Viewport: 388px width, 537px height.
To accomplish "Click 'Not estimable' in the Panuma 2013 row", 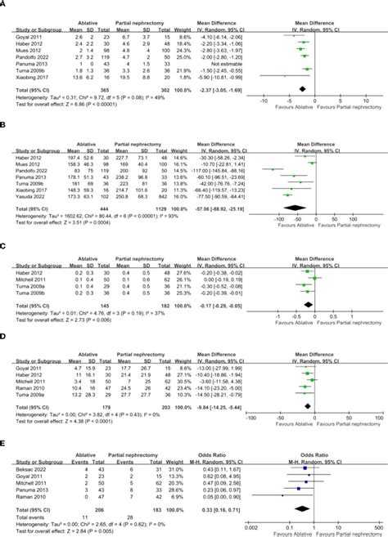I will tap(222, 64).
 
